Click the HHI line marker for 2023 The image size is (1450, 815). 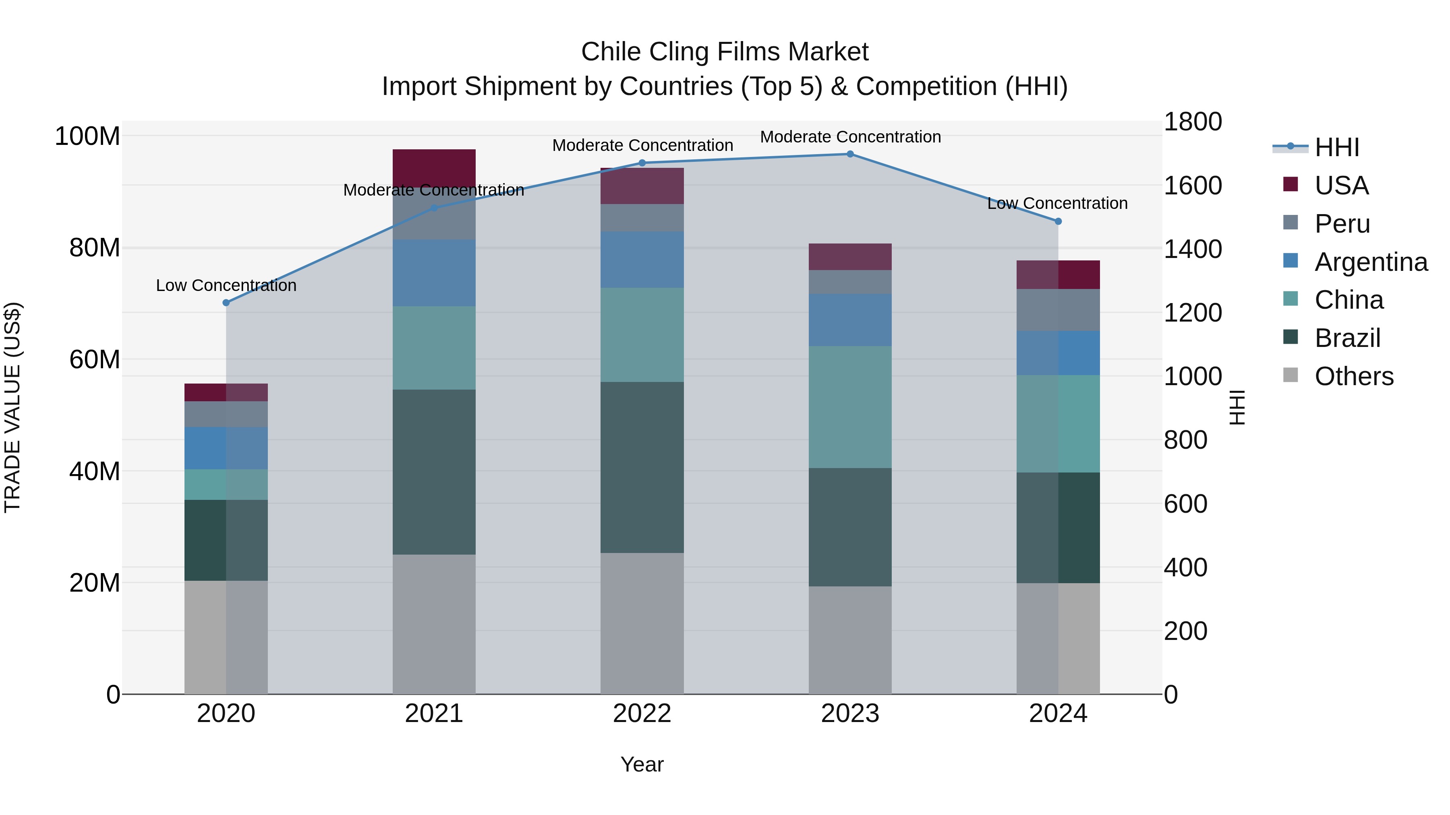pos(850,154)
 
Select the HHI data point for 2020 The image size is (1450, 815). pos(226,303)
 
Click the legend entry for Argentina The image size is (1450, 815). pos(1371,262)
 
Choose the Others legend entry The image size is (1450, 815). pos(1354,376)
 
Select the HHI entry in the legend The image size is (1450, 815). pos(1337,147)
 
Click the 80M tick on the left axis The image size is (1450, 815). pos(95,248)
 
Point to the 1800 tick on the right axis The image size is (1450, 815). pos(1193,122)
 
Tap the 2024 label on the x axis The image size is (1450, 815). pos(1058,714)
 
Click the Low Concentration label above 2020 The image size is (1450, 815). pos(226,286)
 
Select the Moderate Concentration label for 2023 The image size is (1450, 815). pos(850,137)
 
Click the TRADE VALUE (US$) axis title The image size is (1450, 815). pos(12,407)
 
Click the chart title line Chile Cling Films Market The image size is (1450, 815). pos(725,52)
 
